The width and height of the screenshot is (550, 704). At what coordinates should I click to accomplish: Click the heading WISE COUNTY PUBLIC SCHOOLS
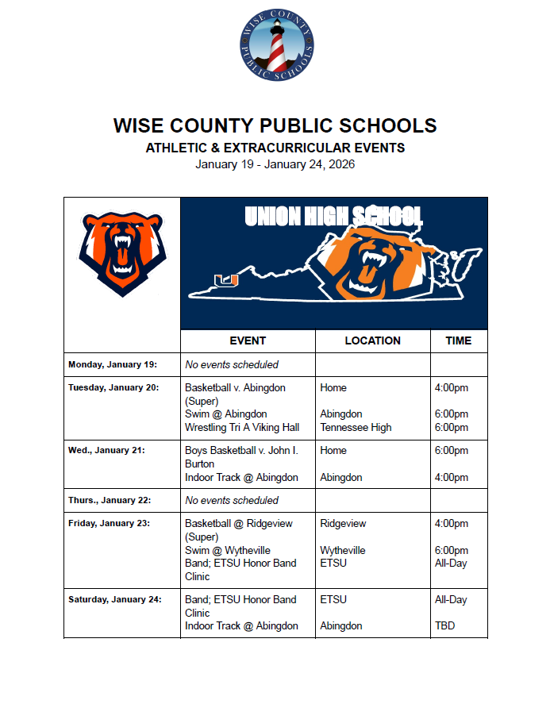[275, 125]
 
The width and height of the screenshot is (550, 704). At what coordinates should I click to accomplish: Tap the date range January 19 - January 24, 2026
[275, 164]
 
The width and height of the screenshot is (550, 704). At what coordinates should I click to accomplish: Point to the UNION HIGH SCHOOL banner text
[333, 217]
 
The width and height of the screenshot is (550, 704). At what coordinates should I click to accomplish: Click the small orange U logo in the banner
[226, 279]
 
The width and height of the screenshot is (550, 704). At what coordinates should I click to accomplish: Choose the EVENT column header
[248, 340]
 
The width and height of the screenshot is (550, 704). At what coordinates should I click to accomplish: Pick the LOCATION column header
[372, 340]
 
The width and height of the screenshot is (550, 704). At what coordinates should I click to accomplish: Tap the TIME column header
[458, 340]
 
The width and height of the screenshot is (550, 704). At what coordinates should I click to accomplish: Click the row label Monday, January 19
[113, 365]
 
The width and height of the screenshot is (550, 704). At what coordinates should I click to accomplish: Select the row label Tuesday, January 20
[113, 388]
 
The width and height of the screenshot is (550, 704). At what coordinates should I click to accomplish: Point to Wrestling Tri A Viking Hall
[242, 427]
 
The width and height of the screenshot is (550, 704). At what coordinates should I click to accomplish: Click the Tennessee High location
[356, 427]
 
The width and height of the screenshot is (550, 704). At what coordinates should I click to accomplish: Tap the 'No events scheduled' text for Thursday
[232, 500]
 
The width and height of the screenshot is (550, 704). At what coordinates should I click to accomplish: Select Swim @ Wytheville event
[228, 550]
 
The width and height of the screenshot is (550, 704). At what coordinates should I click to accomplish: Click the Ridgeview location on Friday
[344, 524]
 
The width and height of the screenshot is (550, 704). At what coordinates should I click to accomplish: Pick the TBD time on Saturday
[445, 625]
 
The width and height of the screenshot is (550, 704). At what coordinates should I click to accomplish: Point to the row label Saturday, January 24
[114, 600]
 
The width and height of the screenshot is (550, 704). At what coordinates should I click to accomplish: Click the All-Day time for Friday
[451, 563]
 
